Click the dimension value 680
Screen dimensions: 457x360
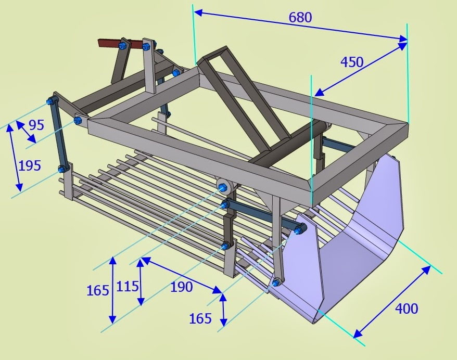coord(300,18)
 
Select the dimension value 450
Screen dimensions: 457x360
coord(352,62)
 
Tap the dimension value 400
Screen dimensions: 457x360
coord(407,308)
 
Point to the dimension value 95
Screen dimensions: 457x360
coord(36,125)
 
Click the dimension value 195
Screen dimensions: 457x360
coord(30,166)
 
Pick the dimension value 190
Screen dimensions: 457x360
coord(181,287)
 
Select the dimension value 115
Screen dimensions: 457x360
coord(128,286)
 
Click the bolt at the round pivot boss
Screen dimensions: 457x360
coord(223,187)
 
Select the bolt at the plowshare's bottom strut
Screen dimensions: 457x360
coord(276,282)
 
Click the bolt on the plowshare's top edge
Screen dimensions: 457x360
coord(298,231)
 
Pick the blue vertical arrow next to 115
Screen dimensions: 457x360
coord(141,282)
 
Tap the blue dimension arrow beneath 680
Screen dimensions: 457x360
coord(300,25)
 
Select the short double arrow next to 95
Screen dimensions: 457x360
coord(26,132)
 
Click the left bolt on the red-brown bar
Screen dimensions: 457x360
coord(122,45)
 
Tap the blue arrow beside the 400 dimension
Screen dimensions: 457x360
coord(392,302)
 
